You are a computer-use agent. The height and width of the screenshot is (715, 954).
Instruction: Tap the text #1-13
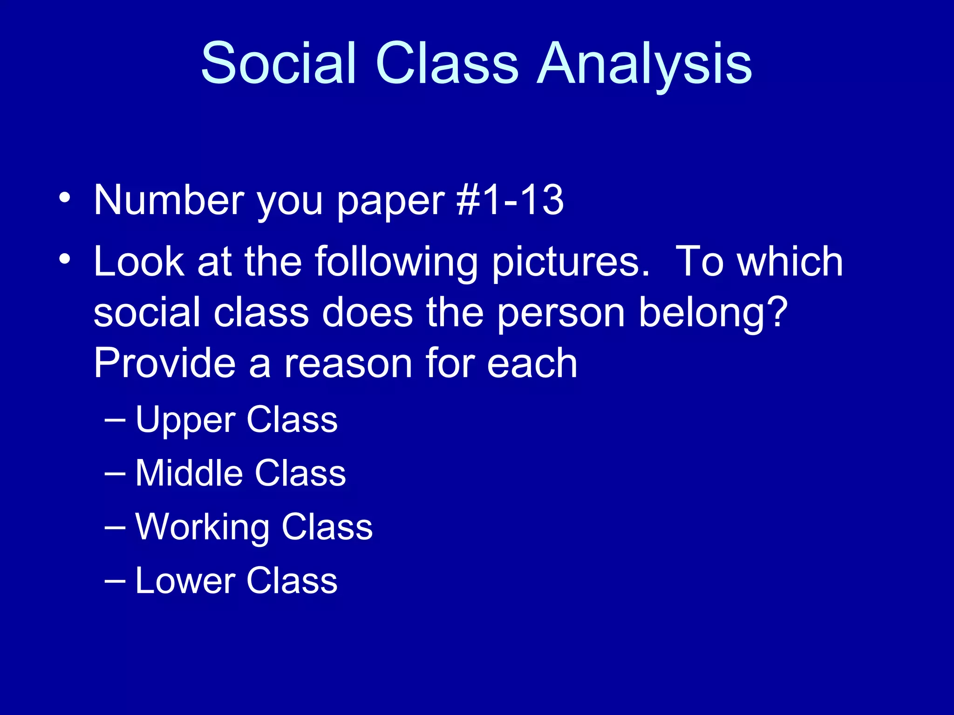pyautogui.click(x=510, y=200)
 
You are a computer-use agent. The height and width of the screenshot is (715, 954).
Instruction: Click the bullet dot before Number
pyautogui.click(x=65, y=197)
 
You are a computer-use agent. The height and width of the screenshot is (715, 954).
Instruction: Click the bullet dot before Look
pyautogui.click(x=65, y=259)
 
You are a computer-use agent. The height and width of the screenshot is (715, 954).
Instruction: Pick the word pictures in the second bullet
pyautogui.click(x=570, y=263)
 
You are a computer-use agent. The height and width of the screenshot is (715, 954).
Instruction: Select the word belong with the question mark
pyautogui.click(x=713, y=313)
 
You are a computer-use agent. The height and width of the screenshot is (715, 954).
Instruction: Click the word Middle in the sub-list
pyautogui.click(x=189, y=473)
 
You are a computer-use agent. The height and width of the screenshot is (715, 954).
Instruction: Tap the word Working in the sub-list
pyautogui.click(x=202, y=528)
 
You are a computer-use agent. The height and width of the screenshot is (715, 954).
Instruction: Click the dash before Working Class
pyautogui.click(x=115, y=527)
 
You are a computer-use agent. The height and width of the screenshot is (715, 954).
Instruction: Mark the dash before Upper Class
pyautogui.click(x=115, y=420)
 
